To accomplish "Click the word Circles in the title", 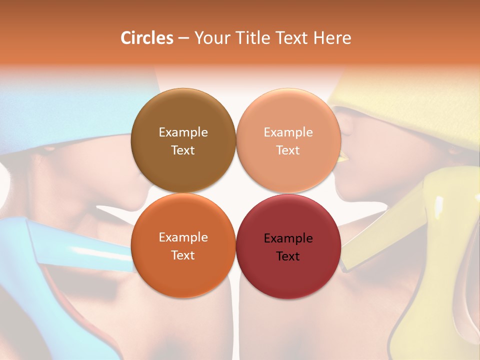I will (x=146, y=38).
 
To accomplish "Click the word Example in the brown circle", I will (x=183, y=132).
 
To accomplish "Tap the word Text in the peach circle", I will (x=288, y=150).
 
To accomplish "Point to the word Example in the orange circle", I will (x=183, y=237).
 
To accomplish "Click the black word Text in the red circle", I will (x=288, y=256).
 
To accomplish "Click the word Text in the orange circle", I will (x=183, y=255).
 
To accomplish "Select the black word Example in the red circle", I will (x=288, y=238).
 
